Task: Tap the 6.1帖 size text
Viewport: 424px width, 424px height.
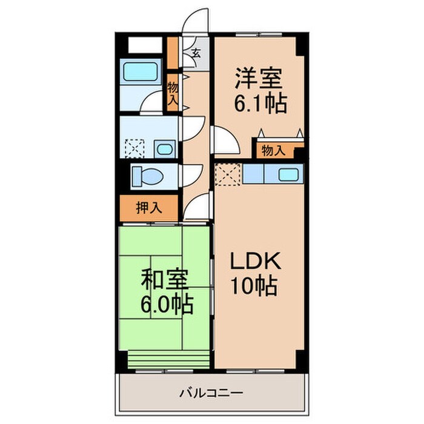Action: [x=260, y=104]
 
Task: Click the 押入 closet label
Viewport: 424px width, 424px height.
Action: [x=148, y=209]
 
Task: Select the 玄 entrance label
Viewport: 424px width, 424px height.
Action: [x=196, y=51]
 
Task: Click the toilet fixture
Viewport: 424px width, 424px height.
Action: [x=147, y=176]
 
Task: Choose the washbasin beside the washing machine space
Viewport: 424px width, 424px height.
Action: [x=162, y=148]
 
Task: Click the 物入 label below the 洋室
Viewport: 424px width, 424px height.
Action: [x=273, y=150]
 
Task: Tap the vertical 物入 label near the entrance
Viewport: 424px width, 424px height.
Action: [x=173, y=94]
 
